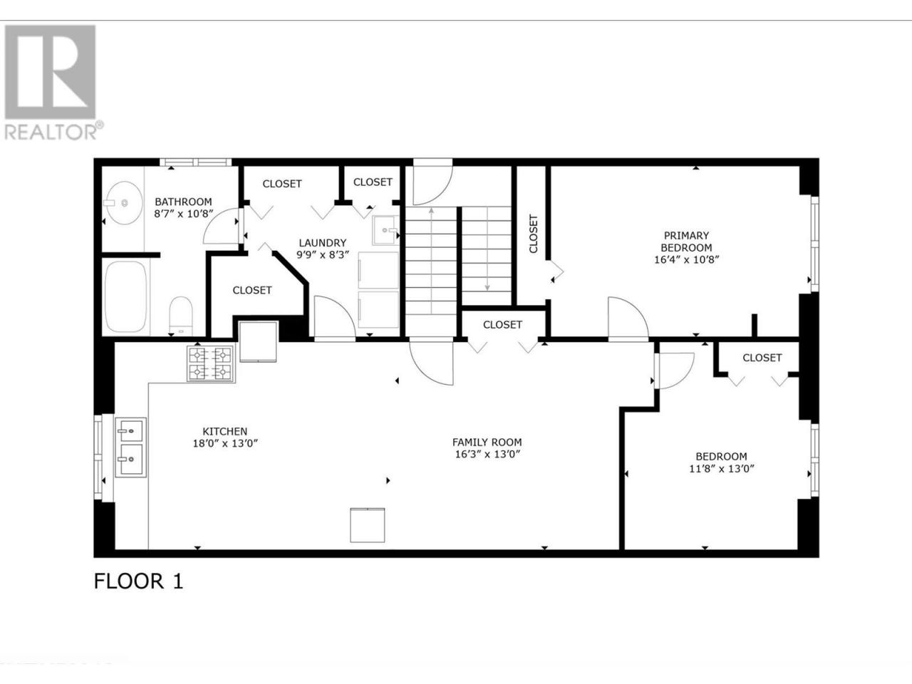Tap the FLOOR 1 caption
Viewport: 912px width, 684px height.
coord(138,581)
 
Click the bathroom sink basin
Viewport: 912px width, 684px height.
coord(123,202)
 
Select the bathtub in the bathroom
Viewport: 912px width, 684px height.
coord(125,296)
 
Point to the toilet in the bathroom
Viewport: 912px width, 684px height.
coord(181,316)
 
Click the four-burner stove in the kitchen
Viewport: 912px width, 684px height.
coord(211,364)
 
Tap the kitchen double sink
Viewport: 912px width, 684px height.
coord(131,447)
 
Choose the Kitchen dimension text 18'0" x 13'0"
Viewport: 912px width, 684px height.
coord(225,443)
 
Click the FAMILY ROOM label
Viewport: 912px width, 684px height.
coord(487,442)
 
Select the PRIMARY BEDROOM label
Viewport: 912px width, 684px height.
coord(686,242)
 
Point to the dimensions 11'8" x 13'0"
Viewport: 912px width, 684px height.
coord(722,468)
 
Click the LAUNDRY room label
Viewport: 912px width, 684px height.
coord(323,242)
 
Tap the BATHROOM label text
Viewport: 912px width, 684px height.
coord(183,202)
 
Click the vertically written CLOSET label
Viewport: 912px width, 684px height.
coord(534,234)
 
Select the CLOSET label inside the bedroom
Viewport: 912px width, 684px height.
coord(762,358)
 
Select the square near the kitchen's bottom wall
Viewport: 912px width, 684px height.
coord(367,525)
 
